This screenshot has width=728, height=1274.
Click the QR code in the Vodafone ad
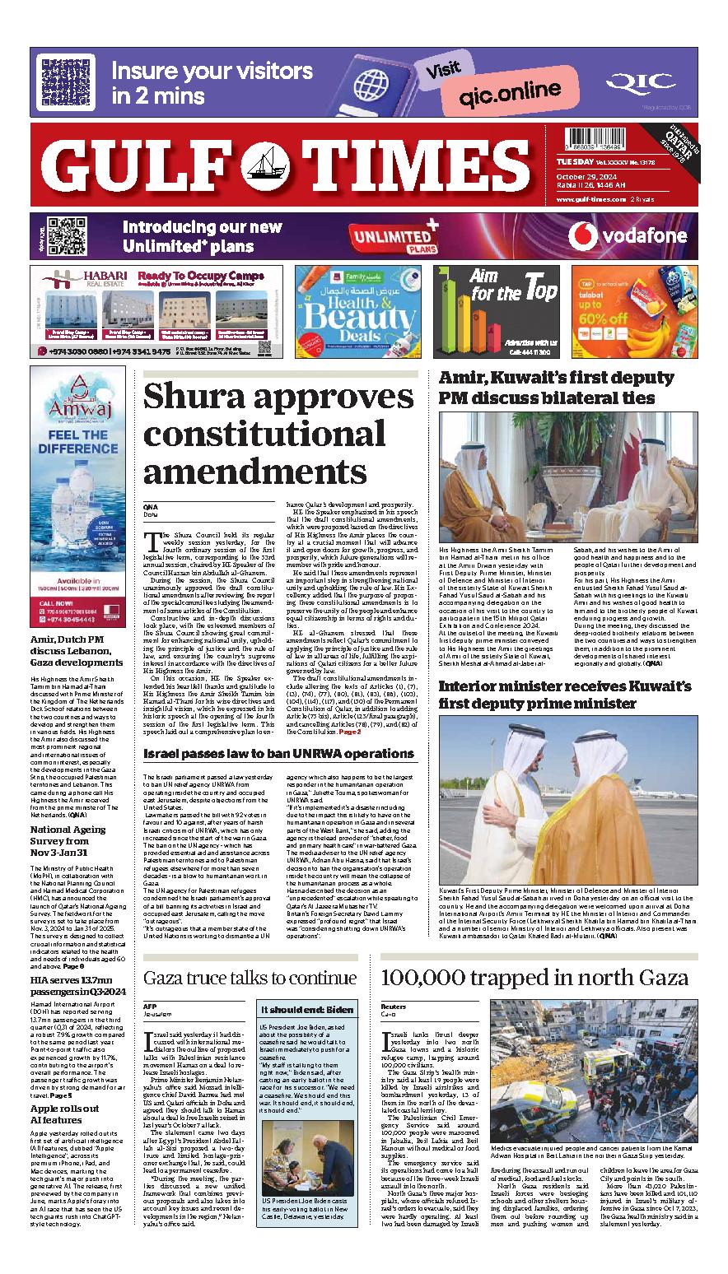coord(67,236)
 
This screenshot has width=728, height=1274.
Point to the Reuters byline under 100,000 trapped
coord(394,1006)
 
